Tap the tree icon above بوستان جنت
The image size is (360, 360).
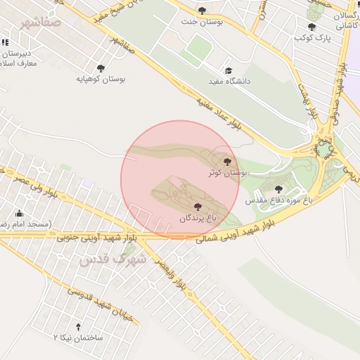[202, 11]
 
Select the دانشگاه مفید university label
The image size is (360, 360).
[229, 82]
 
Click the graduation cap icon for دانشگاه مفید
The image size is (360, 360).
[228, 71]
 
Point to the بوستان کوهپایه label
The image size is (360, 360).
[101, 79]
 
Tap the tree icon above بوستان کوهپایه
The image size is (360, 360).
[101, 68]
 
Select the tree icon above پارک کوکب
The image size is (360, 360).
[311, 27]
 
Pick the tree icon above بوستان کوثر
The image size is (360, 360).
[226, 161]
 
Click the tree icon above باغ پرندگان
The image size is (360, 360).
[196, 207]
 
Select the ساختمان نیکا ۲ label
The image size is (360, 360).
[78, 338]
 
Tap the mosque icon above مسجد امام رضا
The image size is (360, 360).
[19, 213]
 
